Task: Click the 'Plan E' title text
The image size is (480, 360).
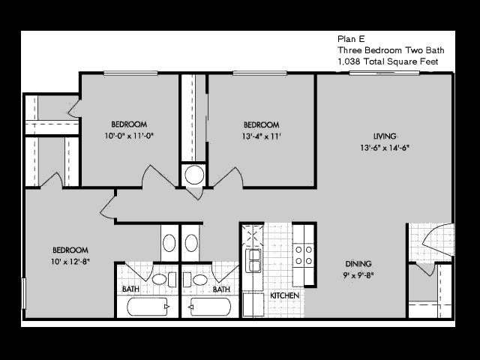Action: (351, 39)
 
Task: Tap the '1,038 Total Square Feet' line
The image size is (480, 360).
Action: (388, 61)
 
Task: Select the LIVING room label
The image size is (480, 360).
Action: (385, 136)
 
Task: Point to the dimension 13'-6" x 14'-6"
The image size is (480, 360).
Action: (385, 148)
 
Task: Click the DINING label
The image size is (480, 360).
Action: (358, 263)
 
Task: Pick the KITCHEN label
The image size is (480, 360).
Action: (285, 295)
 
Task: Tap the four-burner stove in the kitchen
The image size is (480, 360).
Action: (304, 255)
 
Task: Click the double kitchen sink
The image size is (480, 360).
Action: (253, 260)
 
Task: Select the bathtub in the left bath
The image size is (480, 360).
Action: (148, 307)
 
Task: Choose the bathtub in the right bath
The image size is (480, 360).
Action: (210, 307)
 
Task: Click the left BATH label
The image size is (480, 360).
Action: (130, 289)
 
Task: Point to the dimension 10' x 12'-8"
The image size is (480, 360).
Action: (70, 262)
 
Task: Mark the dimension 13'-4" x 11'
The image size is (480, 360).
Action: (262, 136)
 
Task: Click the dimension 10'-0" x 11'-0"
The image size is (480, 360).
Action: (129, 136)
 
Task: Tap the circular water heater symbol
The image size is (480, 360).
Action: (194, 175)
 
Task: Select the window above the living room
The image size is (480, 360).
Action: (384, 73)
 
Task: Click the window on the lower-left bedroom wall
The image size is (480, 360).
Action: (23, 293)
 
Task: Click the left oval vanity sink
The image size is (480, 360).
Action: (169, 243)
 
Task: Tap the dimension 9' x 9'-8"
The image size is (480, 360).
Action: (358, 275)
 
